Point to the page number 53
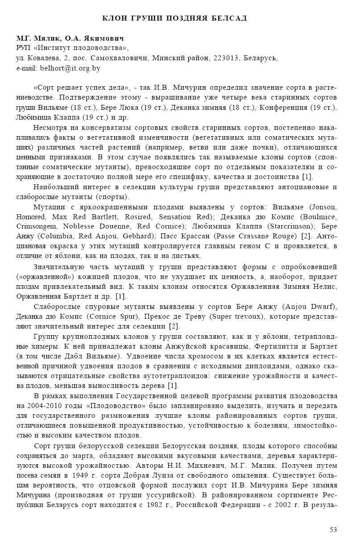pyautogui.click(x=333, y=529)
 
